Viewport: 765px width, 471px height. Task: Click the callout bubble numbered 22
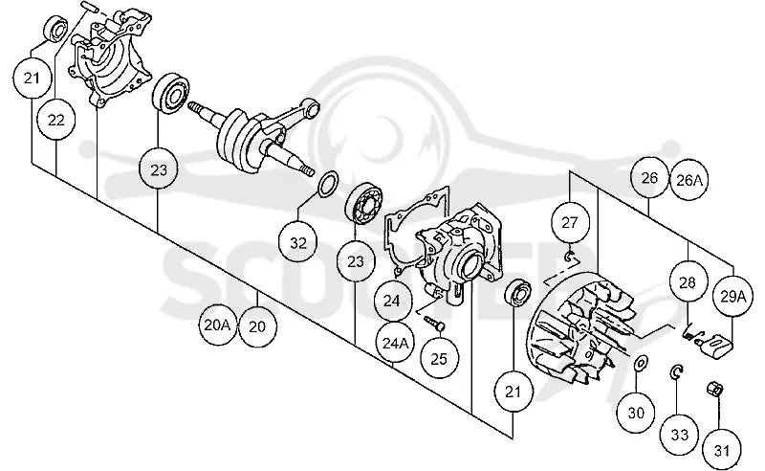(x=56, y=120)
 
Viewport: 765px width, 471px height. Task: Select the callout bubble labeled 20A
(x=218, y=325)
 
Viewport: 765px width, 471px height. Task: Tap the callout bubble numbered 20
(x=257, y=326)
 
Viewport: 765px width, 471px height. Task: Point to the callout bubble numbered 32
(x=298, y=242)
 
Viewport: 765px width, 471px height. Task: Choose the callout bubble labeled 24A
(x=395, y=343)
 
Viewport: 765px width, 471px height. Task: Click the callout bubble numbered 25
(x=439, y=359)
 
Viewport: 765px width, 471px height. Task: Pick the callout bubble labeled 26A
(x=688, y=180)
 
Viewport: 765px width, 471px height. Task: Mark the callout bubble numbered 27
(x=570, y=222)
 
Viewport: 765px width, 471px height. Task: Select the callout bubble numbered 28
(x=688, y=282)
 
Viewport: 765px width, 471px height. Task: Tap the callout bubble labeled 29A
(x=733, y=296)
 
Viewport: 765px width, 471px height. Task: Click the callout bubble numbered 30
(x=636, y=414)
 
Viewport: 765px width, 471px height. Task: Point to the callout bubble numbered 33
(x=680, y=435)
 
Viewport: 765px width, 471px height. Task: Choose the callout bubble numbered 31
(x=722, y=451)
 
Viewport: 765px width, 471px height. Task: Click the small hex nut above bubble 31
(x=714, y=390)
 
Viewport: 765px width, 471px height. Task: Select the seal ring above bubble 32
(x=328, y=184)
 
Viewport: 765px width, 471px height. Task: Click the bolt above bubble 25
(x=434, y=322)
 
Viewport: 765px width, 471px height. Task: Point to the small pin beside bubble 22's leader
(x=90, y=6)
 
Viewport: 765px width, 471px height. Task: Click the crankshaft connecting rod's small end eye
(x=311, y=105)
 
